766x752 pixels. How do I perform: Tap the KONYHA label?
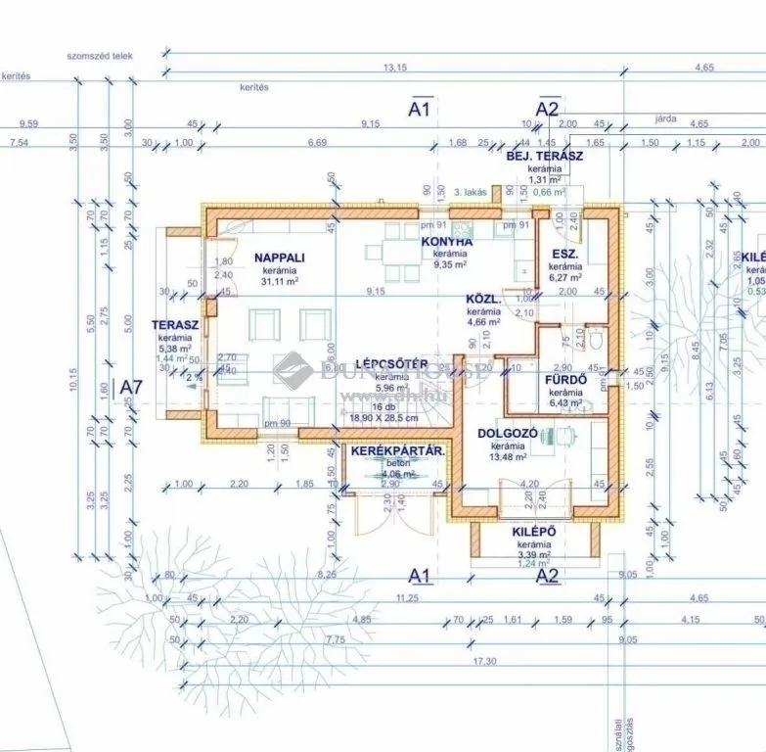click(447, 241)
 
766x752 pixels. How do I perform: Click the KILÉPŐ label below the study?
click(534, 532)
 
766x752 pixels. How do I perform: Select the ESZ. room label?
click(564, 254)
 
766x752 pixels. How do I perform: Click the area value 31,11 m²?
click(280, 280)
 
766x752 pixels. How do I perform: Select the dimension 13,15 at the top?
click(394, 68)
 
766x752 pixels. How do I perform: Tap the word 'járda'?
click(665, 117)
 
